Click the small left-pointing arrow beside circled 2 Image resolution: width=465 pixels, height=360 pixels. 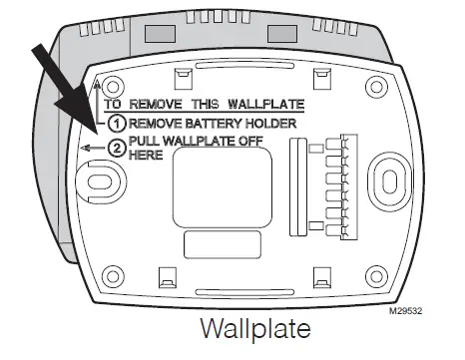pos(95,150)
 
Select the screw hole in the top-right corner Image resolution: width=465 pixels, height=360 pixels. pos(376,83)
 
